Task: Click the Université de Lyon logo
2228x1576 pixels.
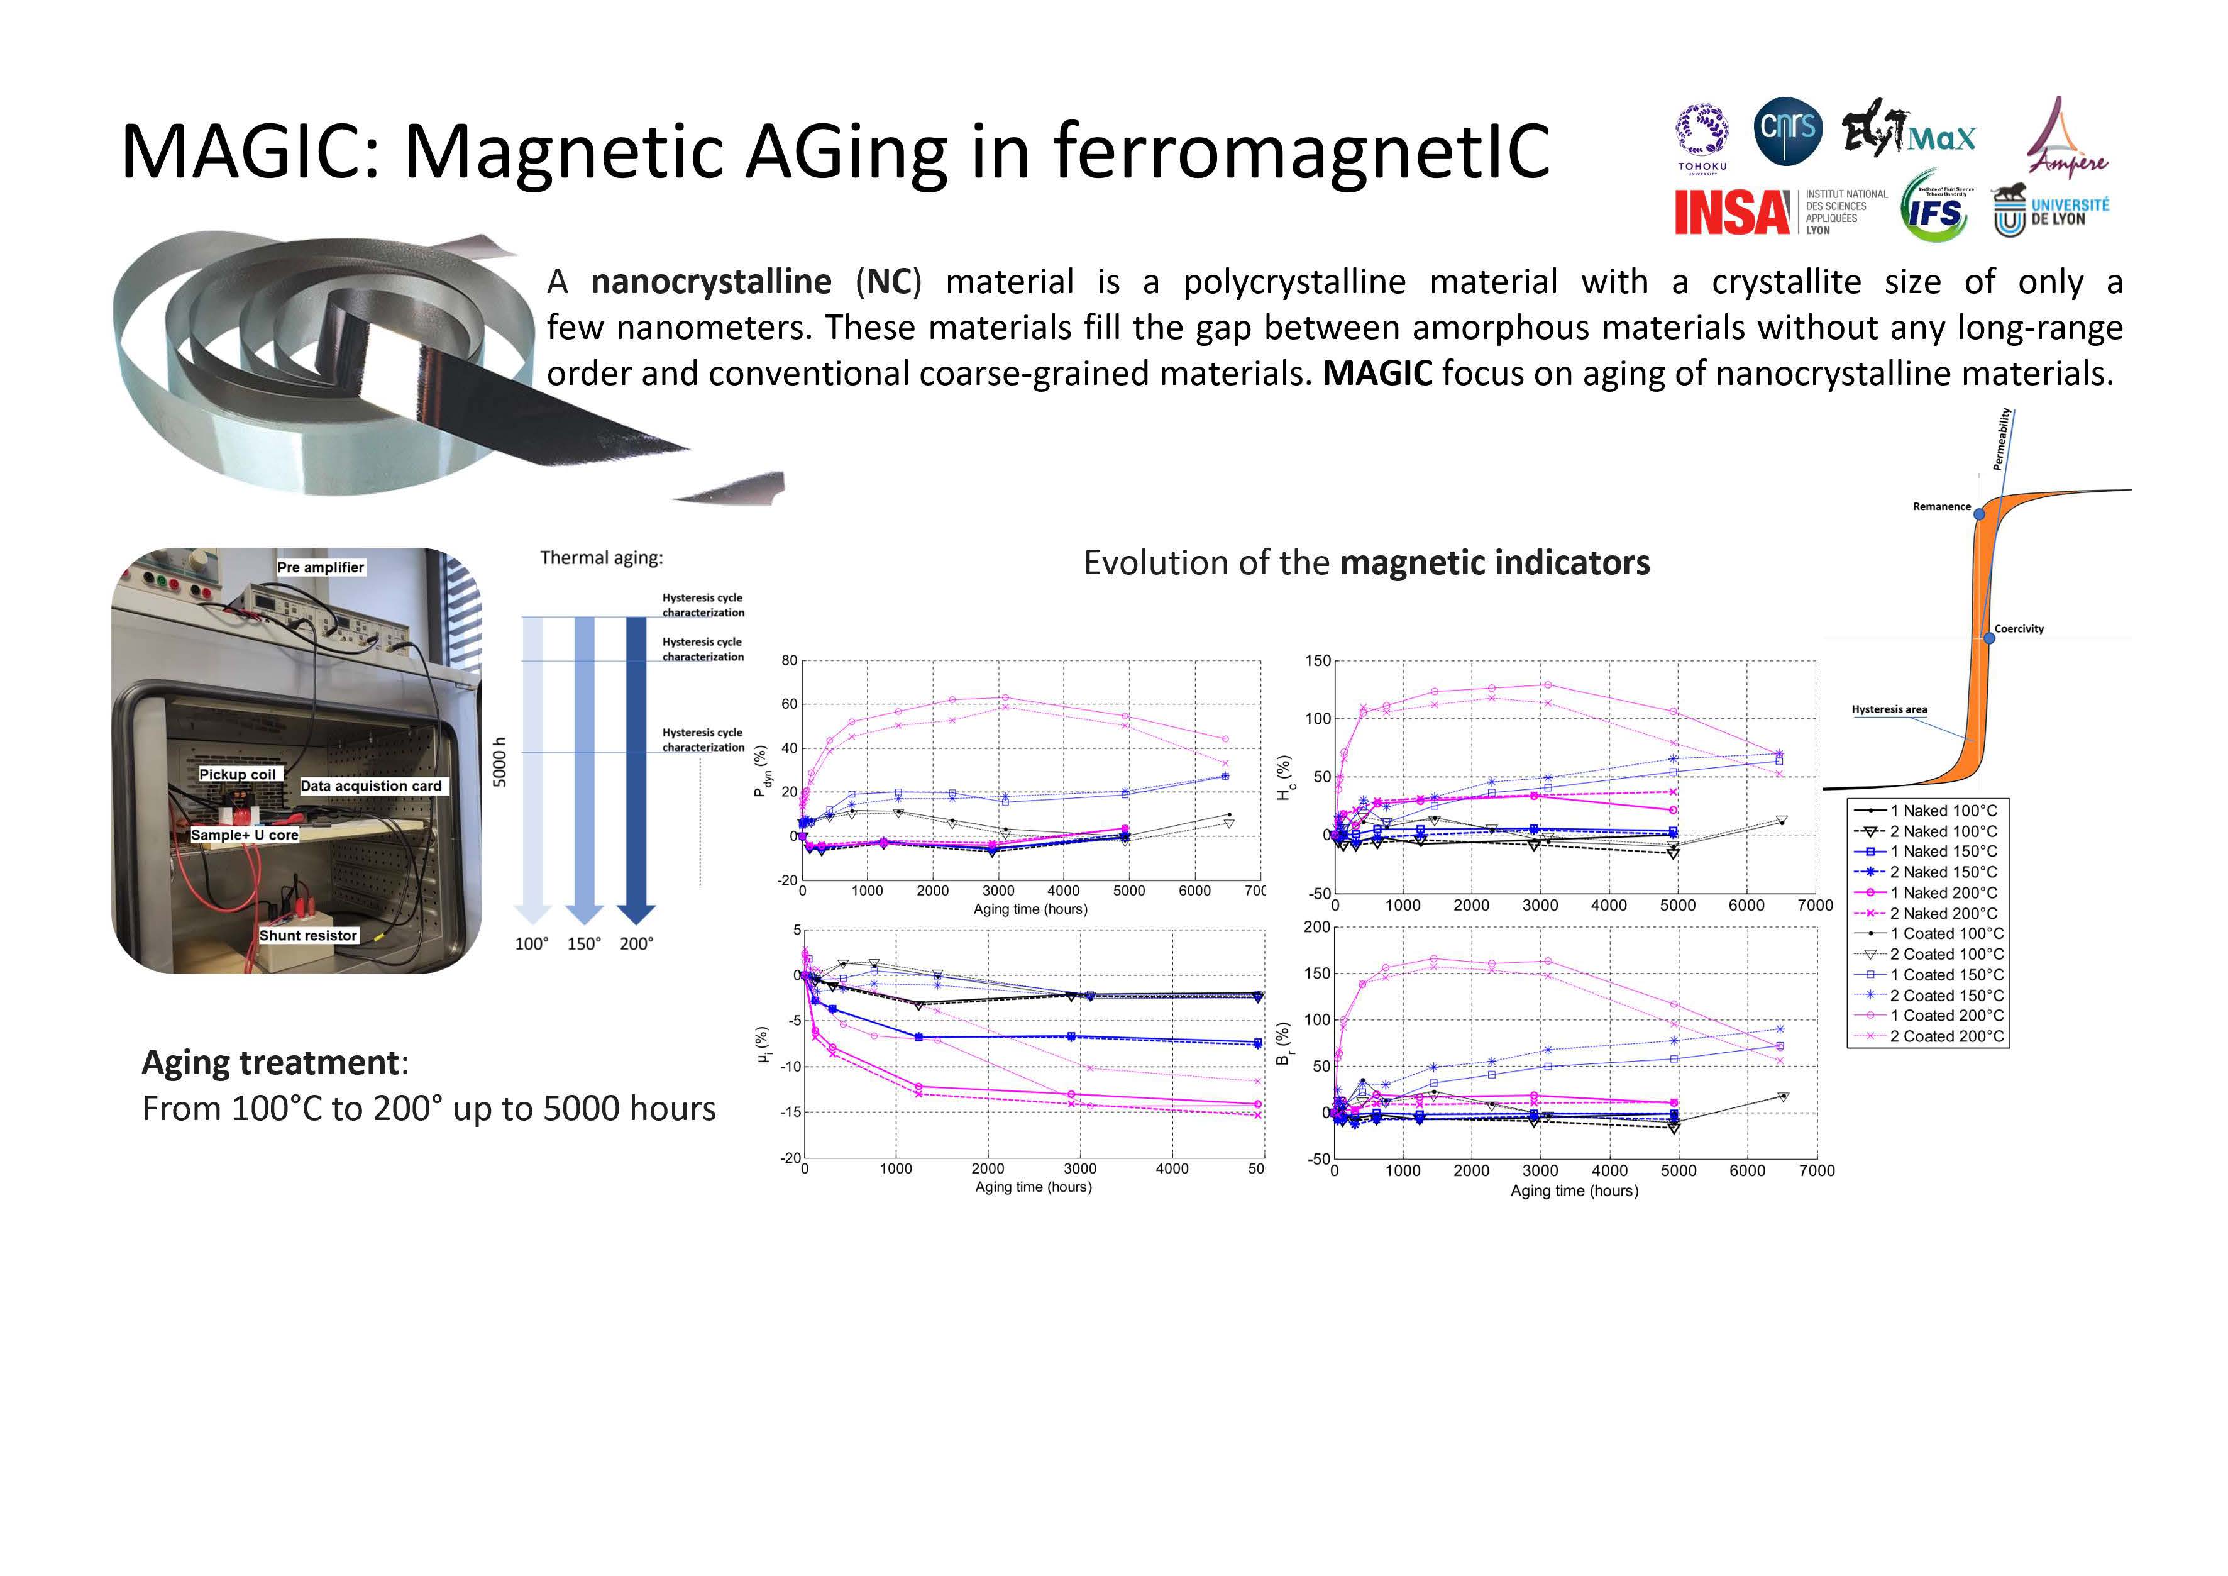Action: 2051,211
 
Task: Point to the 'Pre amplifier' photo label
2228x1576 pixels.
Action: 321,568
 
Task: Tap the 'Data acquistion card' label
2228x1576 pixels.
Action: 372,786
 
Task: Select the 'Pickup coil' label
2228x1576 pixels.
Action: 238,774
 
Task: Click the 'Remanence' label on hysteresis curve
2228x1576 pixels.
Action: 1942,507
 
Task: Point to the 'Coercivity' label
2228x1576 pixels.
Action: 2019,629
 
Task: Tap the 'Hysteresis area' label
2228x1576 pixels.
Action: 1889,709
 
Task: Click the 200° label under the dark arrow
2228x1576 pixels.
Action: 637,944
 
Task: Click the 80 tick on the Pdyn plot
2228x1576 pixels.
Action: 789,661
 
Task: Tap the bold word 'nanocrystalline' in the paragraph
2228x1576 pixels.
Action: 711,282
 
